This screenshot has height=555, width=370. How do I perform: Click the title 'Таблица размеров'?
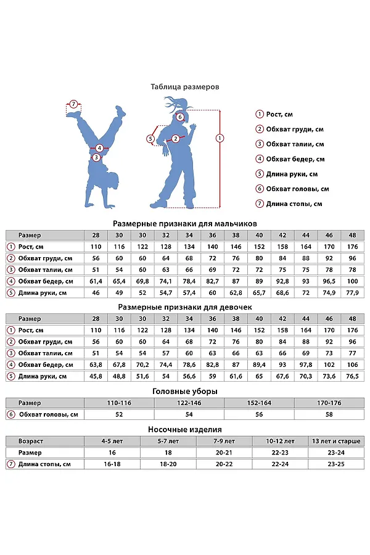pyautogui.click(x=185, y=87)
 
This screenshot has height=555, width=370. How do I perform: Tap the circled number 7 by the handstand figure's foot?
pyautogui.click(x=73, y=104)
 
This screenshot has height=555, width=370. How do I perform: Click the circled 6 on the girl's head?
pyautogui.click(x=180, y=117)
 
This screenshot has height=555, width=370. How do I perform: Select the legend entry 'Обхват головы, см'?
pyautogui.click(x=297, y=189)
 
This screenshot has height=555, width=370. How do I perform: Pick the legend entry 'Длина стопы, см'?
pyautogui.click(x=294, y=203)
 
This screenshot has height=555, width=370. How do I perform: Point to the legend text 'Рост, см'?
pyautogui.click(x=279, y=114)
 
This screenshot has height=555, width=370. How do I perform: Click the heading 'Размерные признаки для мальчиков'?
pyautogui.click(x=185, y=223)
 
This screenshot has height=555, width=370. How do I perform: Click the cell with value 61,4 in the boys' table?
pyautogui.click(x=96, y=281)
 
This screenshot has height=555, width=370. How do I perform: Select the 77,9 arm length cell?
pyautogui.click(x=352, y=292)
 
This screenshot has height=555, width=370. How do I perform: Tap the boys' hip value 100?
pyautogui.click(x=352, y=281)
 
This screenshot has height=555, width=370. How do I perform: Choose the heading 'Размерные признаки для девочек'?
pyautogui.click(x=185, y=306)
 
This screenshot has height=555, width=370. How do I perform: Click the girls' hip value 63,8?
pyautogui.click(x=96, y=364)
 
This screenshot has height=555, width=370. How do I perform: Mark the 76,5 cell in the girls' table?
pyautogui.click(x=352, y=376)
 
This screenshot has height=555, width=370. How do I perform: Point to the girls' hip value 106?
pyautogui.click(x=352, y=364)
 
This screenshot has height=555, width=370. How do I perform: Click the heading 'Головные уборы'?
pyautogui.click(x=185, y=391)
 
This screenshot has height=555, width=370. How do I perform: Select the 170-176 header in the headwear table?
pyautogui.click(x=329, y=402)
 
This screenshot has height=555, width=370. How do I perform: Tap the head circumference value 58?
pyautogui.click(x=329, y=414)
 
